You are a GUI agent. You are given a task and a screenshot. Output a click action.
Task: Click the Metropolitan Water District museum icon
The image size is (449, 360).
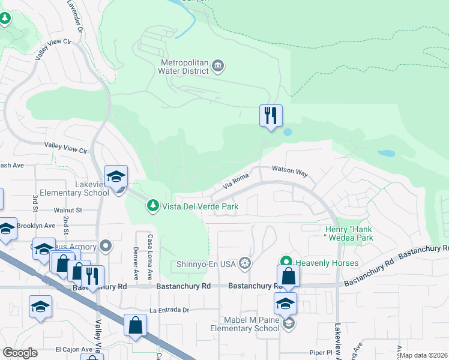[218, 65]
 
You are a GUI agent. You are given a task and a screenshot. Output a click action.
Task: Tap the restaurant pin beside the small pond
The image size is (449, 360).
[271, 115]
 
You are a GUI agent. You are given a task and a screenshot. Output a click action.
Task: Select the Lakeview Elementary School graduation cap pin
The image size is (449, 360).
[116, 176]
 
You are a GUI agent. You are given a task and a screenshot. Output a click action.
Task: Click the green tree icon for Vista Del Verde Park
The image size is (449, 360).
[153, 206]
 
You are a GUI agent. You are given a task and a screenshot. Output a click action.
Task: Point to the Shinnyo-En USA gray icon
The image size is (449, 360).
[244, 263]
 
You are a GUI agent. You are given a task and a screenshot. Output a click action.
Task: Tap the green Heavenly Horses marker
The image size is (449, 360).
[286, 263]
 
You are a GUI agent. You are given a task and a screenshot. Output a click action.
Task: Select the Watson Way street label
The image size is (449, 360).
[289, 172]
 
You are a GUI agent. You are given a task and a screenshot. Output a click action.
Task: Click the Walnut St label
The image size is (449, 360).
[67, 210]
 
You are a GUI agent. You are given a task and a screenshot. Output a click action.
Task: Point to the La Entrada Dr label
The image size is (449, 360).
[169, 310]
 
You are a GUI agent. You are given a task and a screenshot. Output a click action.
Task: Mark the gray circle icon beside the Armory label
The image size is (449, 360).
[106, 246]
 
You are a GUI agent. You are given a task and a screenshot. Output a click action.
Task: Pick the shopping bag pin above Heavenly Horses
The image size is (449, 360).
[288, 275]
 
